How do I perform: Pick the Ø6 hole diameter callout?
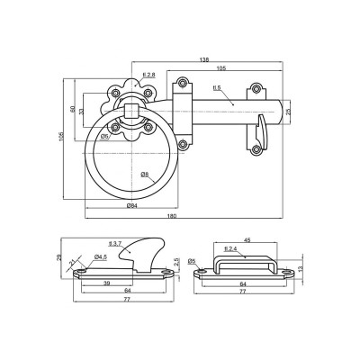click(106, 136)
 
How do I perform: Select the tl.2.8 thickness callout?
click(149, 74)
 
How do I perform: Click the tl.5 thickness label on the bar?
click(217, 87)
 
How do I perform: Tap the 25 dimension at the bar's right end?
click(289, 112)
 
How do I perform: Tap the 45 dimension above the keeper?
click(246, 239)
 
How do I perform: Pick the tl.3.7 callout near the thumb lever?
click(113, 244)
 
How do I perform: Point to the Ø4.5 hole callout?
click(100, 257)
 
